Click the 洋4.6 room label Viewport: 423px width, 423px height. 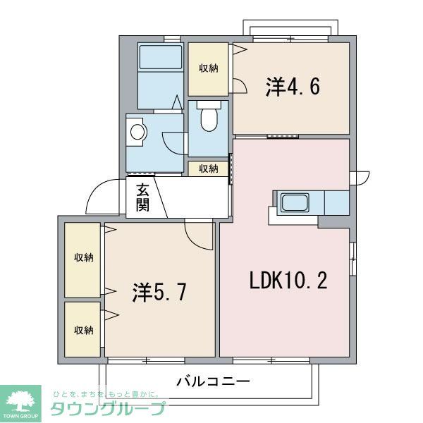tap(293, 87)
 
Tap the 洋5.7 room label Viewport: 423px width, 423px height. tap(159, 292)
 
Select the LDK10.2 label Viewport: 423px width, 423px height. tap(288, 280)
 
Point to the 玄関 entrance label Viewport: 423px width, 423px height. tap(142, 197)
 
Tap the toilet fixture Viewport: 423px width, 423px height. tap(209, 119)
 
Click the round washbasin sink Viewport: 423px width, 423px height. tap(137, 131)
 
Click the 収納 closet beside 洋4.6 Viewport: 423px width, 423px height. tap(208, 68)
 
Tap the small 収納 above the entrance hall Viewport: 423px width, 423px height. tap(208, 168)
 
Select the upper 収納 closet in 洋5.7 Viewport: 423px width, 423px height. tap(83, 258)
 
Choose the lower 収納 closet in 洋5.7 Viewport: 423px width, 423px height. tap(83, 329)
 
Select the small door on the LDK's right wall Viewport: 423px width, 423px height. tap(362, 177)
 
